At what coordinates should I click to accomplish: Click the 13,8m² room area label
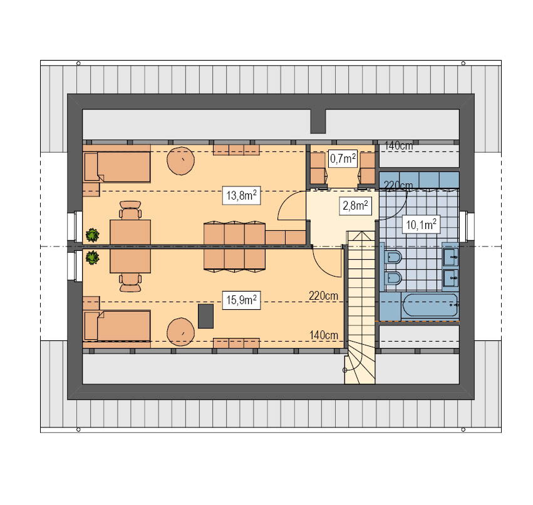(x=241, y=195)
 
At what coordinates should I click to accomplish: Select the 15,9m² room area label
(x=241, y=300)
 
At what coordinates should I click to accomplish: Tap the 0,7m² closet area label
(x=343, y=158)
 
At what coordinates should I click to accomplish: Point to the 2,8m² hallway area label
(x=355, y=205)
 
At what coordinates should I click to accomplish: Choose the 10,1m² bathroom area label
(x=421, y=225)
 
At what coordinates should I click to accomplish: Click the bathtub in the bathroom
(x=430, y=305)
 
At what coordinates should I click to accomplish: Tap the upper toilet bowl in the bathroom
(x=393, y=257)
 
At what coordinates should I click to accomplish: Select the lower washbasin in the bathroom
(x=450, y=278)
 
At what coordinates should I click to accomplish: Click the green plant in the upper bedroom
(x=92, y=235)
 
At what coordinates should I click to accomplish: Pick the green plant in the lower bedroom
(x=92, y=257)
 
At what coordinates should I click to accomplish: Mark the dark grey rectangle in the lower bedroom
(x=205, y=316)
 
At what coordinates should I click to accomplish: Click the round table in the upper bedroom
(x=180, y=161)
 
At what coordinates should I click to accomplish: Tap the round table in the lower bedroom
(x=180, y=332)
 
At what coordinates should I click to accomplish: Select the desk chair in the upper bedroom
(x=130, y=210)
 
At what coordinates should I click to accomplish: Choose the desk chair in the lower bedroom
(x=130, y=283)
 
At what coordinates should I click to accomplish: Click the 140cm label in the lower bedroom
(x=324, y=335)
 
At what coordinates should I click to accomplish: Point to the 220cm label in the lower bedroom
(x=323, y=296)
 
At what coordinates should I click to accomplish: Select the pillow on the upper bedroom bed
(x=91, y=166)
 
